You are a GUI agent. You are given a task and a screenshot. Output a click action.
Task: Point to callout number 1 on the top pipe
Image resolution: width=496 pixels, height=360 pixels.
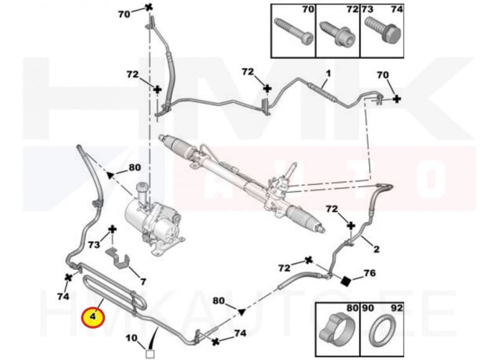[328, 74]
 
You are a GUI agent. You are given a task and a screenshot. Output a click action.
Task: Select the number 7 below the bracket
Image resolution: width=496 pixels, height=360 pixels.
[143, 281]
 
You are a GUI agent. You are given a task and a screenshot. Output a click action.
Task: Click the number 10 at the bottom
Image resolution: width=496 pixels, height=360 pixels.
[131, 338]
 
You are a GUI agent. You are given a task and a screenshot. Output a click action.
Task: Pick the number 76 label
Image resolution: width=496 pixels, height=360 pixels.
[369, 273]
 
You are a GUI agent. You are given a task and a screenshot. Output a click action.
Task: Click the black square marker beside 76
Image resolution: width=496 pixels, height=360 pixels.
[347, 280]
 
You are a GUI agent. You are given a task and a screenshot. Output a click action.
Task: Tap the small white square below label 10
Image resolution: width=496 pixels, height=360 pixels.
[149, 354]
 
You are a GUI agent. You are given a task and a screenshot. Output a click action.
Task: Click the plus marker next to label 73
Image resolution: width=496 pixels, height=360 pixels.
[112, 230]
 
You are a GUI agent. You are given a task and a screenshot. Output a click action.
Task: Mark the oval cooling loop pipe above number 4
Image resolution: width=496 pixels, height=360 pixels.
[115, 289]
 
